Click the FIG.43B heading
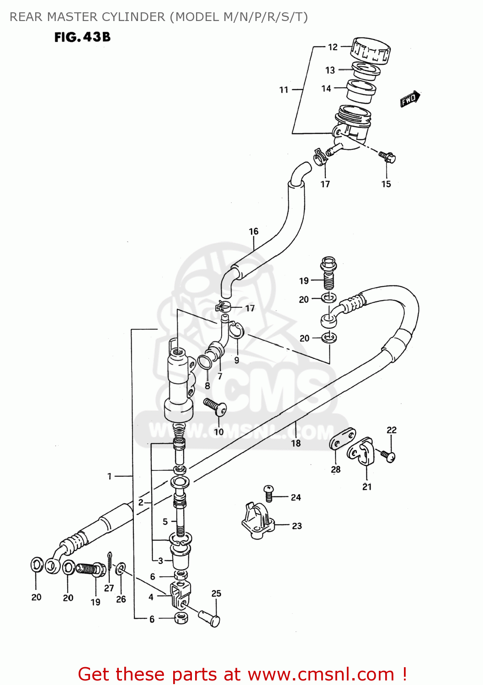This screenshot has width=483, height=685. pos(82,37)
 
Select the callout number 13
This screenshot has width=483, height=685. pos(330,70)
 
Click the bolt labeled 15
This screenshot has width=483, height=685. pos(387,157)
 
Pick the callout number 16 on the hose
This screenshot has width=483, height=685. pos(254,232)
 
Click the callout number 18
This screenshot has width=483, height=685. pos(296,443)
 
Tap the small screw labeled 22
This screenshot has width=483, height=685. pos(388,456)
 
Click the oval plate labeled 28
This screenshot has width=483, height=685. pos(342,438)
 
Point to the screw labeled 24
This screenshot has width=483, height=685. pos(269,493)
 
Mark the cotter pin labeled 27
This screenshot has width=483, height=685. pos(110,562)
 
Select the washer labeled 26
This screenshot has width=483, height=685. pos(121,569)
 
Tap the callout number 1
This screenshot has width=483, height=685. pos(110,476)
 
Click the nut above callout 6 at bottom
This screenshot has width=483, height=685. pos(181,619)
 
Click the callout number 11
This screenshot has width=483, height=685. pos(284,90)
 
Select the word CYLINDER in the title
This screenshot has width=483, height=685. pos(133,17)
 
